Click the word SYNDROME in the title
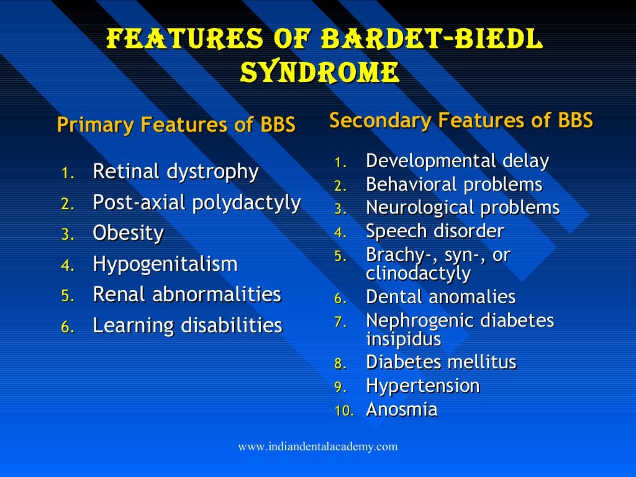(319, 72)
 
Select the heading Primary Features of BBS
(176, 125)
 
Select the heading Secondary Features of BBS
(461, 120)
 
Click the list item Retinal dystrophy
(175, 172)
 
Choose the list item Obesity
(128, 234)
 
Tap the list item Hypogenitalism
(165, 265)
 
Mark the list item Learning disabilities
(187, 325)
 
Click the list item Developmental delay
(457, 161)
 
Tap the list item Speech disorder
(435, 232)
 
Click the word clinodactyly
(418, 273)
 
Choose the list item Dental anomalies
(440, 297)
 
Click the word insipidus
(404, 339)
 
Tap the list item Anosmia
(401, 409)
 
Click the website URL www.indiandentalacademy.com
(318, 447)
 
